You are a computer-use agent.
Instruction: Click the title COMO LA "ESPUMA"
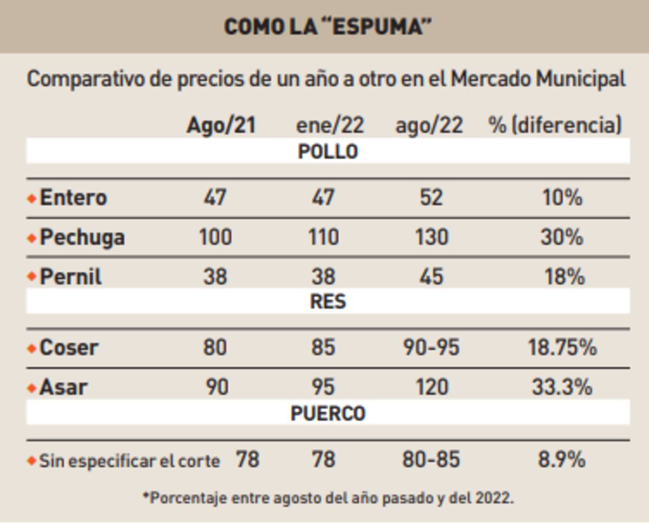coord(328,27)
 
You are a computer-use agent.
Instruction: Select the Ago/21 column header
coord(220,126)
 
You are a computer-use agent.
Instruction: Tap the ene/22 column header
coord(330,126)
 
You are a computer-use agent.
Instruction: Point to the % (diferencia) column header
coord(555,126)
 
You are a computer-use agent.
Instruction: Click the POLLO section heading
coord(328,152)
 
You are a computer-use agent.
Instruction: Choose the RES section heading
coord(328,302)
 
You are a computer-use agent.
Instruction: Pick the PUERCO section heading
coord(328,414)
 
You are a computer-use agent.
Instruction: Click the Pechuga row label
coord(82,237)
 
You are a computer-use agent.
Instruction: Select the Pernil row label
coord(71,277)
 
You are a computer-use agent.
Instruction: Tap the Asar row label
coord(63,387)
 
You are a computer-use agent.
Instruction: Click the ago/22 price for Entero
coord(431,198)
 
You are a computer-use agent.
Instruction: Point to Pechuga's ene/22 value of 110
coord(323,237)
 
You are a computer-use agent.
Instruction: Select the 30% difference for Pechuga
coord(562,237)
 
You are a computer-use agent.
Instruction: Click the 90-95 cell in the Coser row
coord(431,348)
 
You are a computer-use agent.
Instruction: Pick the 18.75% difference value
coord(562,348)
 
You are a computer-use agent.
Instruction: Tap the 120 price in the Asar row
coord(431,387)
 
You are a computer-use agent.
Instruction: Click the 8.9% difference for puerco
coord(561,460)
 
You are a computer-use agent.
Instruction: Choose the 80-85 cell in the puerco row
coord(431,460)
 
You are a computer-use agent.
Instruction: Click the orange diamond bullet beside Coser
coord(31,348)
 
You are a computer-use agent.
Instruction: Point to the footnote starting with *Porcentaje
coord(328,497)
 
